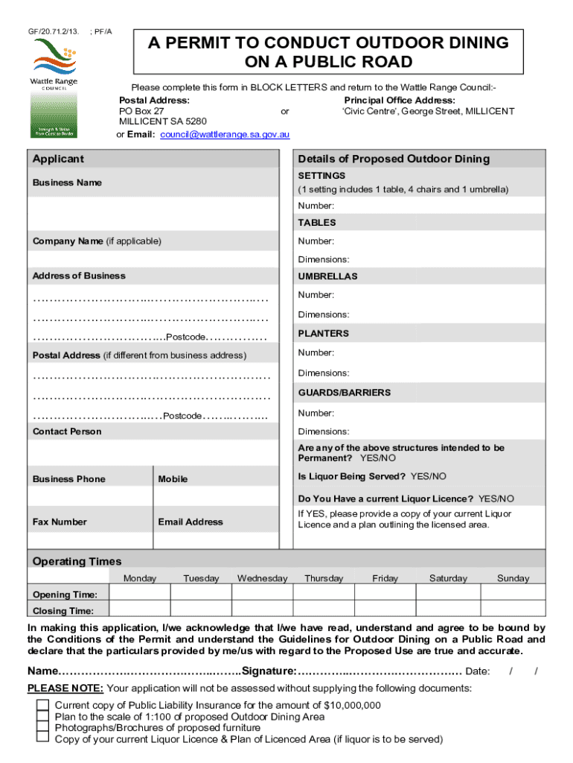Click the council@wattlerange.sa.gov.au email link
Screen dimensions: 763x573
coord(225,135)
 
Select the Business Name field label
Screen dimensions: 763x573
coord(67,183)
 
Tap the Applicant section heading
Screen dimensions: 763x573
coord(58,159)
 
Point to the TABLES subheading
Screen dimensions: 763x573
coord(317,223)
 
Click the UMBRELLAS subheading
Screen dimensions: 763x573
coord(327,276)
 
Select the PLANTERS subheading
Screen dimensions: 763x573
coord(323,334)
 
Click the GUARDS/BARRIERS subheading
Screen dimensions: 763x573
coord(344,393)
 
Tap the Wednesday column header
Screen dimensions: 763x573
coord(262,578)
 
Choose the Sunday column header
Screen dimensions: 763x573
coord(513,578)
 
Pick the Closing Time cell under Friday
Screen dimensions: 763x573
coord(385,611)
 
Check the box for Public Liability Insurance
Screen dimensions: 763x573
coord(42,705)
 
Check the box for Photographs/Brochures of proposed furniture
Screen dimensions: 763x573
coord(42,727)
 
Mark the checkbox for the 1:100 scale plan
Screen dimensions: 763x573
coord(42,716)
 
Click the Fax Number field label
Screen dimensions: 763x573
coord(60,522)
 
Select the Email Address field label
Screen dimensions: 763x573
coord(190,522)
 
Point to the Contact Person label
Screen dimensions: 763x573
coord(67,431)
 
